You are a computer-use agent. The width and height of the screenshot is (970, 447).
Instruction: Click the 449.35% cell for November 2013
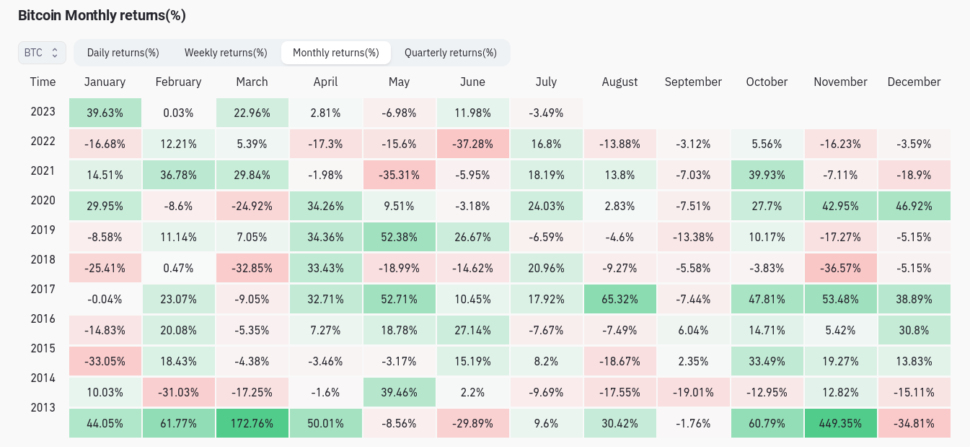click(x=840, y=423)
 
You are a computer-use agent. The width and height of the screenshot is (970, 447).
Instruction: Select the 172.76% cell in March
click(x=252, y=423)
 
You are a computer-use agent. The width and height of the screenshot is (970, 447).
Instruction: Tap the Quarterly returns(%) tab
click(x=450, y=53)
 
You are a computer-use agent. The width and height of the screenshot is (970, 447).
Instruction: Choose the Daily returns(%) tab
click(x=123, y=53)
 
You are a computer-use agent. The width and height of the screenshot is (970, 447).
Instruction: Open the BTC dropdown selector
click(x=42, y=53)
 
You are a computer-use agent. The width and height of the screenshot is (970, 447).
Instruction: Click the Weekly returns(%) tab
click(x=226, y=53)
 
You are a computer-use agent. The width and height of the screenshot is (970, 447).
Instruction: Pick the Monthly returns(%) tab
click(x=336, y=53)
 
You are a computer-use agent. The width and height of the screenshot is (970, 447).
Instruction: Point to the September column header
click(x=693, y=82)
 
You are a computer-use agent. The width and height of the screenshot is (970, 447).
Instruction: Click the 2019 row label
click(x=43, y=230)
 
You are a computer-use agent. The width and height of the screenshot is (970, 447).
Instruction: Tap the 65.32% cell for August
click(x=620, y=299)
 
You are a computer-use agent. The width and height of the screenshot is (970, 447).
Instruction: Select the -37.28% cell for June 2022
click(x=472, y=144)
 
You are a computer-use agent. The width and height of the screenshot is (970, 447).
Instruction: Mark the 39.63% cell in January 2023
click(x=105, y=113)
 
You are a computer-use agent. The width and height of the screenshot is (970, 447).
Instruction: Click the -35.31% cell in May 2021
click(x=399, y=175)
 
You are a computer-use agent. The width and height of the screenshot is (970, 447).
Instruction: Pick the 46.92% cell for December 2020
click(x=914, y=206)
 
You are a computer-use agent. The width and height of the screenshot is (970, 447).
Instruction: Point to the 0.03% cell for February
click(x=178, y=113)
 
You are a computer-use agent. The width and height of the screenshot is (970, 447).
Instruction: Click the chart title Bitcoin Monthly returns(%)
click(x=102, y=16)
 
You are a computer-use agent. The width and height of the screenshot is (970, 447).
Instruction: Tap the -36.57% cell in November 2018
click(x=840, y=268)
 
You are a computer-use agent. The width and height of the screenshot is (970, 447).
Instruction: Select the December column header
click(x=914, y=82)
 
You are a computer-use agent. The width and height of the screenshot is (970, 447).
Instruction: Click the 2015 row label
click(x=43, y=349)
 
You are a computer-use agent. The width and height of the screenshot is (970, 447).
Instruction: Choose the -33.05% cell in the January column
click(x=105, y=361)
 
